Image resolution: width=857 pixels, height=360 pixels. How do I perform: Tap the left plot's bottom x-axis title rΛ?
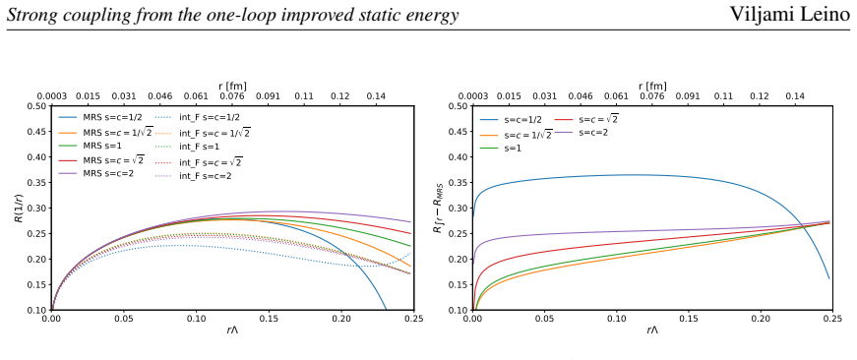point(232,330)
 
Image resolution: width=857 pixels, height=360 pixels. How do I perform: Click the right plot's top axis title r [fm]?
point(652,86)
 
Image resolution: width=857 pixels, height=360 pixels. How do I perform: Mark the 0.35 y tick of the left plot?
point(37,182)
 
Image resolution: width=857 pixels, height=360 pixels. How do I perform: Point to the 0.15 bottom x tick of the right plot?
point(689,318)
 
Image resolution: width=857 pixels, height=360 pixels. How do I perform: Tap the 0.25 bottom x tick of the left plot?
point(414,318)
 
